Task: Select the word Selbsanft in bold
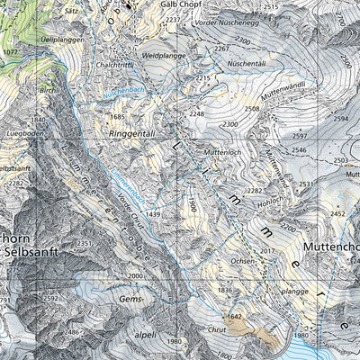click(34, 253)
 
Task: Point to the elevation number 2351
click(85, 243)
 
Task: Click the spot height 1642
click(235, 316)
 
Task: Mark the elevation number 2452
click(337, 214)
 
